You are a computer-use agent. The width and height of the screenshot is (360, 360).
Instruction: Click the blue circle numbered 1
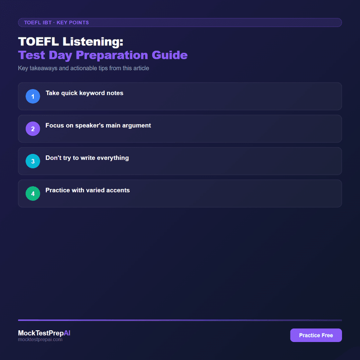click(33, 96)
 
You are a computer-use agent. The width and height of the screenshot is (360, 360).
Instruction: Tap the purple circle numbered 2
click(33, 129)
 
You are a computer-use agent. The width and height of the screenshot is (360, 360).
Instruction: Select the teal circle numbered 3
click(33, 161)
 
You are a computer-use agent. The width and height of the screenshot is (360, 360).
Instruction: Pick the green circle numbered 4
click(33, 193)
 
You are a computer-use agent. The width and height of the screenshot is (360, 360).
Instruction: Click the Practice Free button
click(316, 335)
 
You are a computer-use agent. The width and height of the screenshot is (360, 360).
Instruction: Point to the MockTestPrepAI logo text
click(44, 333)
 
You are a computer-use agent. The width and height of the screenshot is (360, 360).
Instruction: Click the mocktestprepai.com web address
click(40, 340)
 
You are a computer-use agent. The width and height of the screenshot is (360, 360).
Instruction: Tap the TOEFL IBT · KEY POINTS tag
click(56, 22)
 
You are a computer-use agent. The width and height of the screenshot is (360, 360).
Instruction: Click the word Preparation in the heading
click(119, 55)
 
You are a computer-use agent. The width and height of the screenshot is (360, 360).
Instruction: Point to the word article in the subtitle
click(139, 68)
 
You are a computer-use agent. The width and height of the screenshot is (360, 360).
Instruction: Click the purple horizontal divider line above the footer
click(180, 320)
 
